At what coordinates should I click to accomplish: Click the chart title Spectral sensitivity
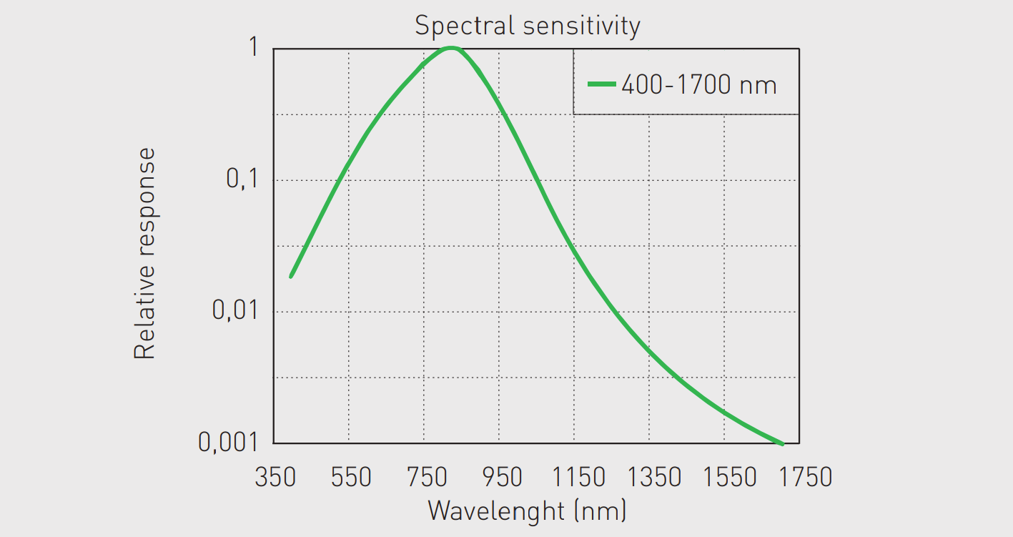[x=527, y=26]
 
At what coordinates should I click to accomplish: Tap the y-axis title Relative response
[x=145, y=253]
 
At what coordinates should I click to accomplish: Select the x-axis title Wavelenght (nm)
[x=527, y=511]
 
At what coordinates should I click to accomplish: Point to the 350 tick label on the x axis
[x=275, y=477]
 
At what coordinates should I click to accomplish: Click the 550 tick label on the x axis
[x=350, y=477]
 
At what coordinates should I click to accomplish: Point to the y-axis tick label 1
[x=252, y=48]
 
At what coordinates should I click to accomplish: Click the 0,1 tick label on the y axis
[x=241, y=179]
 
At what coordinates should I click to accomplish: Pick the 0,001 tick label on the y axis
[x=227, y=443]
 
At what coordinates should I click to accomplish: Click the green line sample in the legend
[x=601, y=84]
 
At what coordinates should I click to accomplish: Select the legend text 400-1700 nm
[x=698, y=85]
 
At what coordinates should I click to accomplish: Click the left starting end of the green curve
[x=291, y=276]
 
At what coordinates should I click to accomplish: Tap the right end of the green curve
[x=783, y=444]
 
